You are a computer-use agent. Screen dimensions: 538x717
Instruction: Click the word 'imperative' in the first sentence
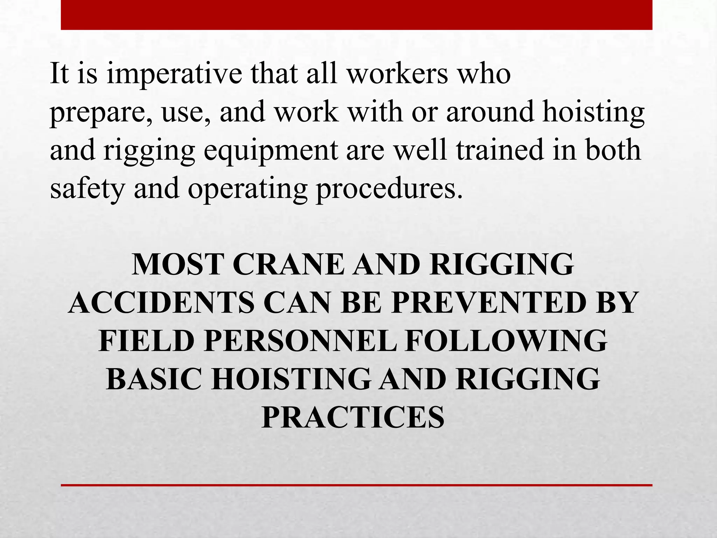[x=174, y=74]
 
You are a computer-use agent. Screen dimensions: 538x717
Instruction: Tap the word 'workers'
[x=397, y=74]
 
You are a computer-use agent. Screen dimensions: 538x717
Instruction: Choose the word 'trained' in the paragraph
[x=500, y=150]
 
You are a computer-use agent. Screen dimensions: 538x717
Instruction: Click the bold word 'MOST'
[x=178, y=265]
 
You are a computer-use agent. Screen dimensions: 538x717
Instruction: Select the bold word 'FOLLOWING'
[x=506, y=341]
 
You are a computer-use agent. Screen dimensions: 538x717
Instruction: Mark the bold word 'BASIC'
[x=154, y=379]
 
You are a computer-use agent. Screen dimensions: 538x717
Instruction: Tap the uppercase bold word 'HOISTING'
[x=291, y=379]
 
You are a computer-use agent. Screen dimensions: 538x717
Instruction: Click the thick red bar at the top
[x=356, y=15]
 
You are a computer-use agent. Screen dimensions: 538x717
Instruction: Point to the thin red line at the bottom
[x=356, y=485]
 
